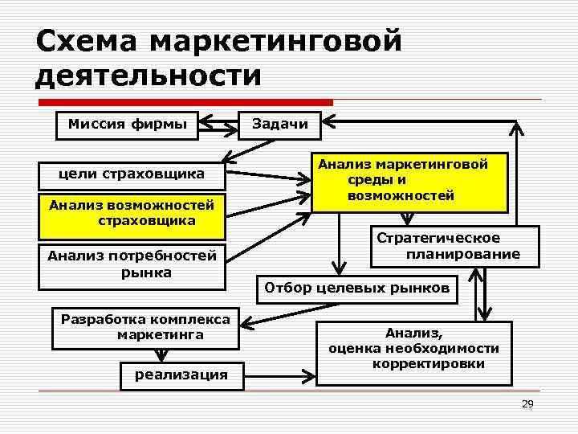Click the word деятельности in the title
(149, 76)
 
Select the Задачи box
(279, 125)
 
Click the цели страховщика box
(132, 174)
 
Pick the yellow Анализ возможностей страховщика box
(132, 214)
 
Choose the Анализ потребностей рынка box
(132, 264)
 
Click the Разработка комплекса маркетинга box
(145, 327)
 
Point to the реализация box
(181, 375)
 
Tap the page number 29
(527, 403)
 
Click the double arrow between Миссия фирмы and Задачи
(218, 125)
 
